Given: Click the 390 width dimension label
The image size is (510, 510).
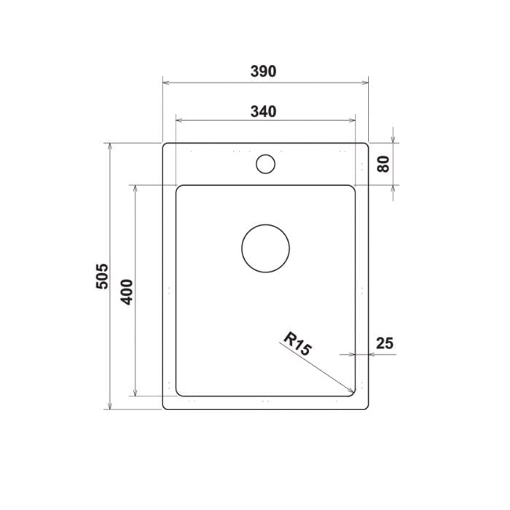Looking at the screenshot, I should (x=263, y=71).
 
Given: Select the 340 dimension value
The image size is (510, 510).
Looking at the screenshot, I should (x=263, y=111).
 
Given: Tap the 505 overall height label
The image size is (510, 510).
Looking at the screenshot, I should (x=102, y=276).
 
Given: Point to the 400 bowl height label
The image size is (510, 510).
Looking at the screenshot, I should (x=127, y=291).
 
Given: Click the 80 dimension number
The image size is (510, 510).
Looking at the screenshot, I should (x=384, y=164).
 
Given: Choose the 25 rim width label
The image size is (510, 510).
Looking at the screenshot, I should (x=385, y=342).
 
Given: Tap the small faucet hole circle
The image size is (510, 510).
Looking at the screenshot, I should (x=265, y=163).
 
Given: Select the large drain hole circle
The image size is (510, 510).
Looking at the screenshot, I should (x=265, y=248).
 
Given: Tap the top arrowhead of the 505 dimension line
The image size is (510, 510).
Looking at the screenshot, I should (x=110, y=146).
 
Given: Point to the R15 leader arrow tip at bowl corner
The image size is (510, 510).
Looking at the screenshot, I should (x=353, y=393).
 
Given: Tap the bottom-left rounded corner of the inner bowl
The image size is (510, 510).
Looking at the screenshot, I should (x=179, y=393).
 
